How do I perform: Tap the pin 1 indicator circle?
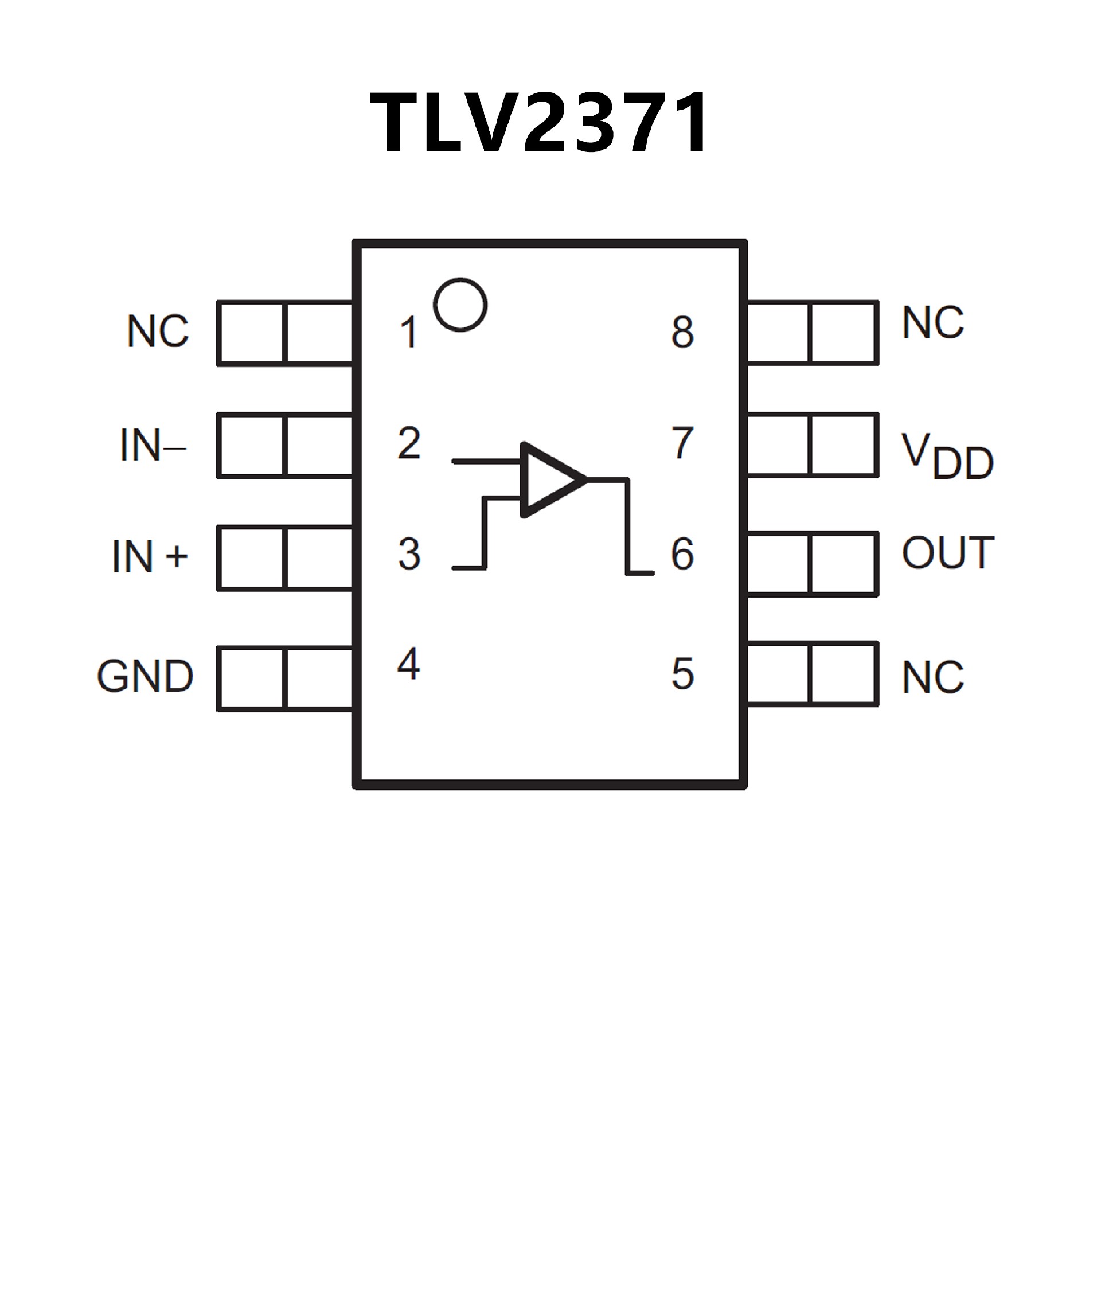[460, 305]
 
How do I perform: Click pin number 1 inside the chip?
[408, 332]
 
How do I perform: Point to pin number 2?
[409, 443]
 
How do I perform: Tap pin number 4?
[408, 664]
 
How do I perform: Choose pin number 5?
[682, 674]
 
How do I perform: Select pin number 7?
[682, 443]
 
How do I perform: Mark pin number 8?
[682, 332]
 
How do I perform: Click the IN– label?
[152, 446]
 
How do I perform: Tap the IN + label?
[150, 556]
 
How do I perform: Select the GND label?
[145, 676]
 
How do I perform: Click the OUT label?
[948, 552]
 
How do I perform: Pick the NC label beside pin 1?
[158, 331]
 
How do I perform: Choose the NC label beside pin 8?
[933, 323]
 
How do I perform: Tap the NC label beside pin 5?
[933, 677]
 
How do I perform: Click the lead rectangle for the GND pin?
[285, 679]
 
